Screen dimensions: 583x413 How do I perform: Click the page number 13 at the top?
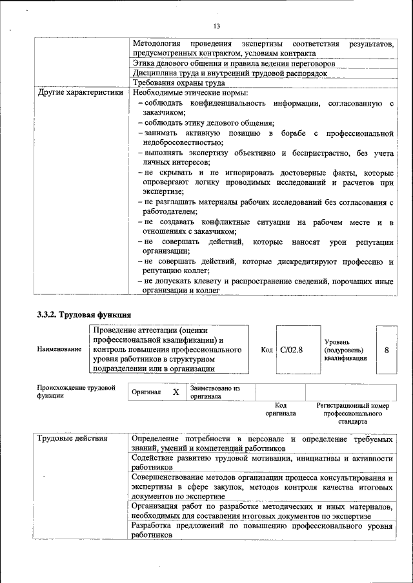click(x=216, y=26)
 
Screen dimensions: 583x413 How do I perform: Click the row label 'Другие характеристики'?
click(x=80, y=92)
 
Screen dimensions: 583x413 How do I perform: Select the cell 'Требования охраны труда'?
click(x=179, y=83)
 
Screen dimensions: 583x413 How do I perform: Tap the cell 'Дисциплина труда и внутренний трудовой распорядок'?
click(x=229, y=73)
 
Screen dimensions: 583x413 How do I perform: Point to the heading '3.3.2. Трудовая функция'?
click(x=84, y=315)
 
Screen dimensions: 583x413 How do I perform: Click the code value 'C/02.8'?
click(x=292, y=350)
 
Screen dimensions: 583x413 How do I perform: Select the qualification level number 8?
click(x=386, y=350)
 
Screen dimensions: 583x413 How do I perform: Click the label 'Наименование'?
click(x=59, y=350)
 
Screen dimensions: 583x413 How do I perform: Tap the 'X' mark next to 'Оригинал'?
click(x=176, y=392)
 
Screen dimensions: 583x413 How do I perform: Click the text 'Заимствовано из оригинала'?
click(x=214, y=392)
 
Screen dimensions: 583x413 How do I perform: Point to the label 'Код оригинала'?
click(x=280, y=409)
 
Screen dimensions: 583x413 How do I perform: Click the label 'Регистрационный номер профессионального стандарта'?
click(x=352, y=413)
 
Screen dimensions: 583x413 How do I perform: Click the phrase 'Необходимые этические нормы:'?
click(x=185, y=92)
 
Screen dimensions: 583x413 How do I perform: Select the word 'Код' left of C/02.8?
click(x=267, y=350)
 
